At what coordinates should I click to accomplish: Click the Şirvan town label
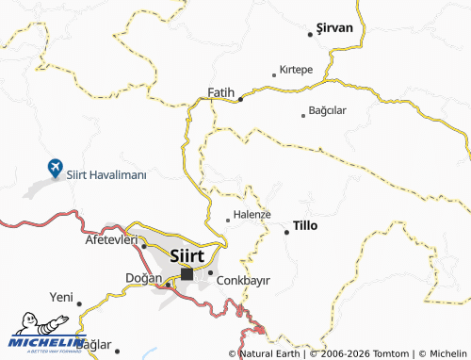[x=335, y=27]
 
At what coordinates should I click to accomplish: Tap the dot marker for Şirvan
[x=310, y=35]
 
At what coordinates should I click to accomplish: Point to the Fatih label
[x=219, y=91]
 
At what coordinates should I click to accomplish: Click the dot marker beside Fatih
[x=240, y=98]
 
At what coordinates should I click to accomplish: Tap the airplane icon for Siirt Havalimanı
[x=56, y=168]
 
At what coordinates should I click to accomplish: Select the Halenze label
[x=252, y=214]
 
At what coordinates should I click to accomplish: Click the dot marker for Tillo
[x=286, y=231]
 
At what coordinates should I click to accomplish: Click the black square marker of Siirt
[x=187, y=274]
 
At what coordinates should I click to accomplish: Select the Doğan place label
[x=144, y=277]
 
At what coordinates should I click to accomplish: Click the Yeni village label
[x=61, y=297]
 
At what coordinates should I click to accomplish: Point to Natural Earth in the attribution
[x=273, y=353]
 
